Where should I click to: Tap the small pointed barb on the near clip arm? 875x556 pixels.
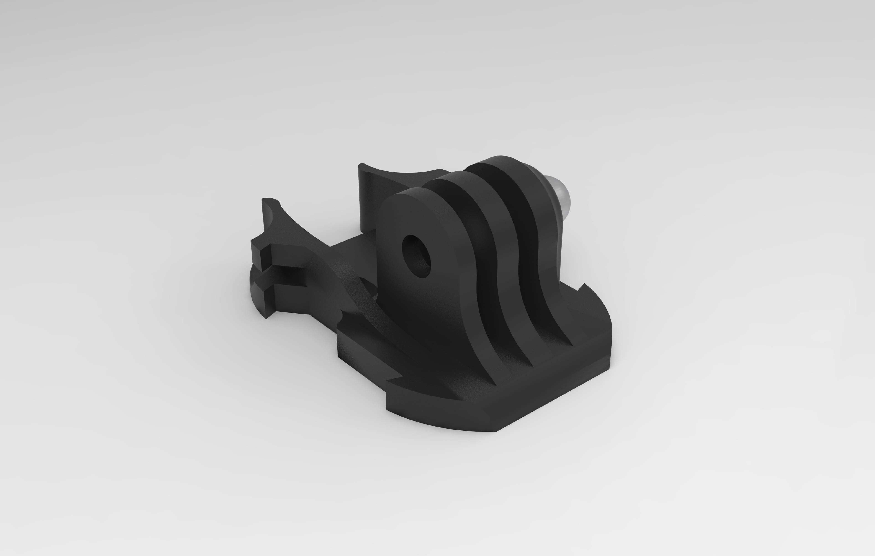(340, 322)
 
